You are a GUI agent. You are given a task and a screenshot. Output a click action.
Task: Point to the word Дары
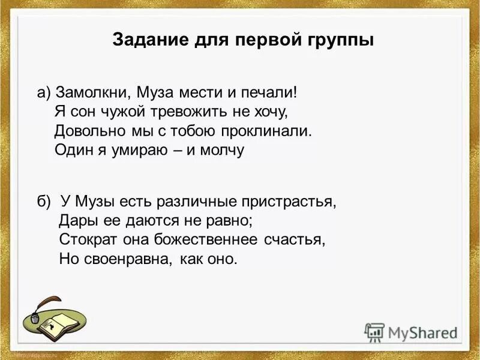(x=76, y=220)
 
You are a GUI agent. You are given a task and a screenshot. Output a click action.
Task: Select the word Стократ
(x=85, y=239)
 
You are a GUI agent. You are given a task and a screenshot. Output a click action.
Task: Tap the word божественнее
(x=202, y=239)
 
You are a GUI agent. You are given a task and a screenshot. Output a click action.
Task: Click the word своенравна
(x=128, y=259)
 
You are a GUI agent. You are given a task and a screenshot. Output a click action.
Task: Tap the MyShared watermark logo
(x=412, y=332)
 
